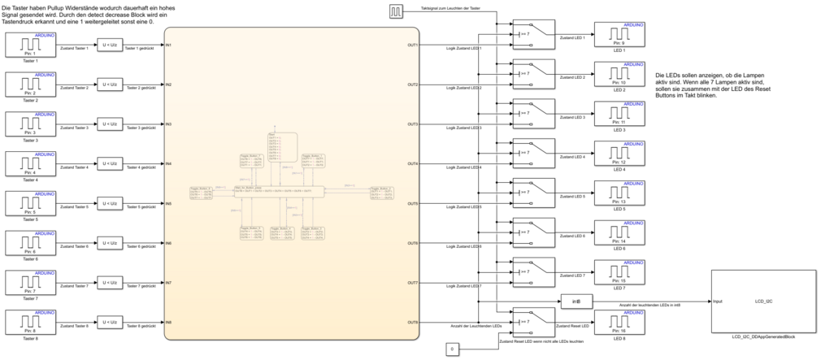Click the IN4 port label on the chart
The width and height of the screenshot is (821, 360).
[168, 163]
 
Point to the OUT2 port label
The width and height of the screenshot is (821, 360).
[413, 85]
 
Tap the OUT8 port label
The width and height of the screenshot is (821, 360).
[413, 323]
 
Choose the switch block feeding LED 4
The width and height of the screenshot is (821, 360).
[532, 153]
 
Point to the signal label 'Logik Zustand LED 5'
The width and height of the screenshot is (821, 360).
[464, 207]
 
